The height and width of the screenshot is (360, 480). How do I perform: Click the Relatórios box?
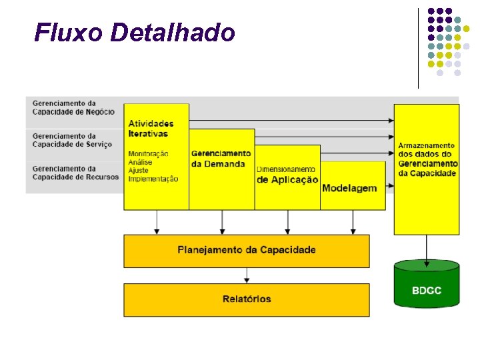pos(247,299)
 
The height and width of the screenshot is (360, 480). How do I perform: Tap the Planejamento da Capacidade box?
pos(247,251)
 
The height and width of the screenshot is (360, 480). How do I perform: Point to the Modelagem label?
pos(349,189)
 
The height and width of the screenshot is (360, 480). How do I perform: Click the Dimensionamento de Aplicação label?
pos(287,175)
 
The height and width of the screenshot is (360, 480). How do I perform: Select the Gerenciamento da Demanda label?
pos(221,159)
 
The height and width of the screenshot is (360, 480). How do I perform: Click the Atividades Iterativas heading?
pos(151,128)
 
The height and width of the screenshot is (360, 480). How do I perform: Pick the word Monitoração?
pos(148,153)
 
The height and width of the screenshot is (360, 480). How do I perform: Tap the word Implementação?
pos(153,179)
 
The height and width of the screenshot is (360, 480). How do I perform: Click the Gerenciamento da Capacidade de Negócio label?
pos(73,107)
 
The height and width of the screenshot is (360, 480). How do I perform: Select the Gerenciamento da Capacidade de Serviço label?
pos(72,140)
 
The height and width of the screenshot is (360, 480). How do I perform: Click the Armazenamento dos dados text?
pos(427,159)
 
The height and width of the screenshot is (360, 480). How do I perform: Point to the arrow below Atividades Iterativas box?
pos(157,222)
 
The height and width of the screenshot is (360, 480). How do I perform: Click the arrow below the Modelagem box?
pos(353,222)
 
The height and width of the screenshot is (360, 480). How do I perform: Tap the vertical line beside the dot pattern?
pos(419,47)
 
